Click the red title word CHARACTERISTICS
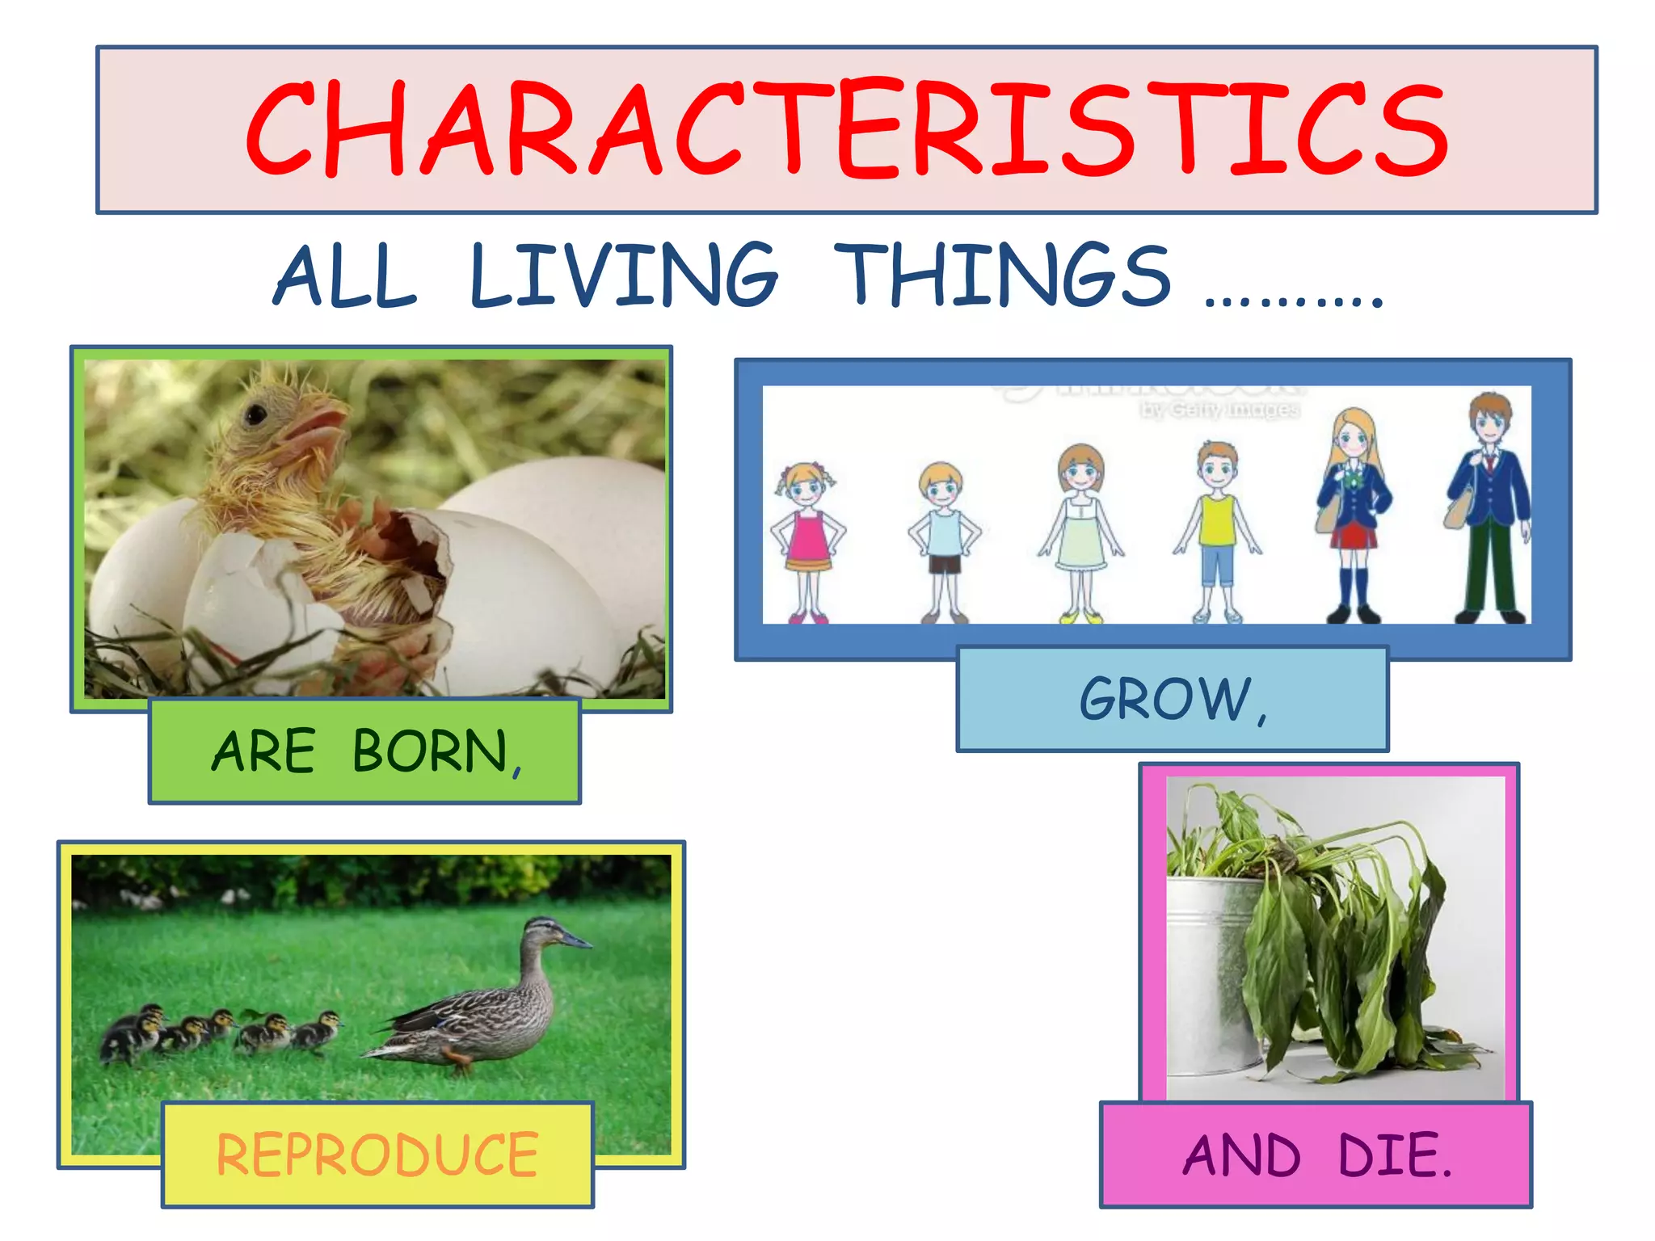click(846, 129)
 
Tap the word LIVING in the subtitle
click(623, 276)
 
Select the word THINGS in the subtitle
click(1002, 276)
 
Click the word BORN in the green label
click(430, 751)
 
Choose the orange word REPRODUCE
click(377, 1155)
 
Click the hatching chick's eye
click(257, 415)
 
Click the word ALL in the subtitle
click(346, 276)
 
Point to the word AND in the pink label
click(1242, 1155)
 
